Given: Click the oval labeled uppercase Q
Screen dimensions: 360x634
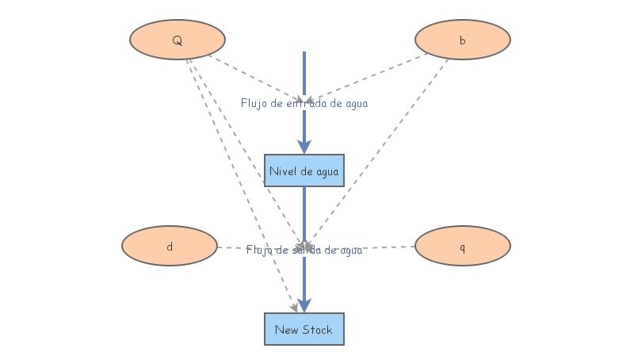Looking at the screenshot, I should pyautogui.click(x=176, y=40).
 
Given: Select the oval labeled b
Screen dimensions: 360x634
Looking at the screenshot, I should pyautogui.click(x=462, y=40).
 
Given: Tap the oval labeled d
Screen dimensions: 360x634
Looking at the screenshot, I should pyautogui.click(x=169, y=246).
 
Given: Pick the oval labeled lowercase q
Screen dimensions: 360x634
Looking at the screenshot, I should pyautogui.click(x=462, y=246).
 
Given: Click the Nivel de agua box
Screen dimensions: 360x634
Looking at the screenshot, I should pyautogui.click(x=304, y=170).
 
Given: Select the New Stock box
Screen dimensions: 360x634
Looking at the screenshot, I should pyautogui.click(x=304, y=329).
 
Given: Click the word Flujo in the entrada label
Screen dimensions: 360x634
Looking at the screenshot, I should pyautogui.click(x=254, y=103).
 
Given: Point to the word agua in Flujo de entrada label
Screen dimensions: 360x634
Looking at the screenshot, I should pyautogui.click(x=354, y=103).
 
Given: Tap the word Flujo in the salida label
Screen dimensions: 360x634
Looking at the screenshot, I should pyautogui.click(x=258, y=250).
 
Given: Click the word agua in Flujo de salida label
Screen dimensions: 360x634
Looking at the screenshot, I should pyautogui.click(x=349, y=250).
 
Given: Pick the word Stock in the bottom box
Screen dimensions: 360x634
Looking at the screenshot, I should pyautogui.click(x=317, y=329).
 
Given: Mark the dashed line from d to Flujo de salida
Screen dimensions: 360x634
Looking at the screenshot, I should pyautogui.click(x=234, y=248).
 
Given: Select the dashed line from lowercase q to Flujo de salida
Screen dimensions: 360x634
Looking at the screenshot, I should pyautogui.click(x=388, y=247).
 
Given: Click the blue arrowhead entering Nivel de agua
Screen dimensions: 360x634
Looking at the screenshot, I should pyautogui.click(x=304, y=146).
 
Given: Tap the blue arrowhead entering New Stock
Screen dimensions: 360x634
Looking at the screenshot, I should pyautogui.click(x=304, y=304).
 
